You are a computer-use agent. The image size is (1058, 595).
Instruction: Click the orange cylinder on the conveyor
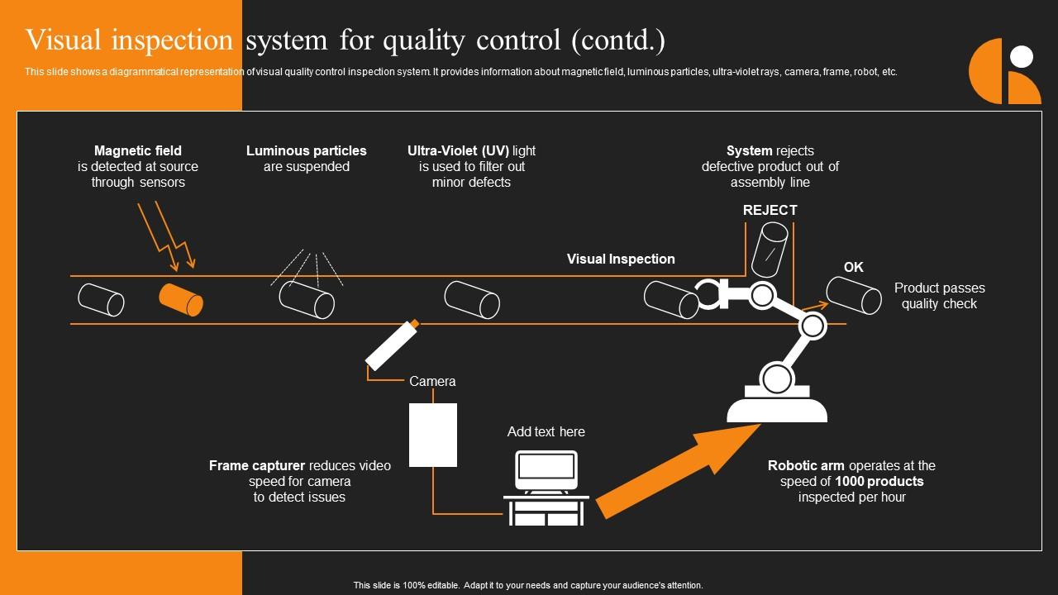click(x=181, y=299)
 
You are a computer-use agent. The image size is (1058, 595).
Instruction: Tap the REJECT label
click(x=770, y=210)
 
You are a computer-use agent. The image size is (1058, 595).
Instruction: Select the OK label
click(x=853, y=267)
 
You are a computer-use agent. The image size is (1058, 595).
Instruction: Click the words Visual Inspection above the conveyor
click(x=621, y=259)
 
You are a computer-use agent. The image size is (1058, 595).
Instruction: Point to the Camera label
click(x=432, y=381)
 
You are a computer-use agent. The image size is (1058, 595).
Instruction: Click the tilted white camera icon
click(x=391, y=345)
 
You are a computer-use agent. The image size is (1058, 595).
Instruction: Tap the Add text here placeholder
click(x=546, y=431)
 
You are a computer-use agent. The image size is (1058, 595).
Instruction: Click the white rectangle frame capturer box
click(x=433, y=435)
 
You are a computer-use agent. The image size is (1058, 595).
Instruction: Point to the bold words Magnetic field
click(x=138, y=150)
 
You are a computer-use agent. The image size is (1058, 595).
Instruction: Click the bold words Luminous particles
click(x=306, y=150)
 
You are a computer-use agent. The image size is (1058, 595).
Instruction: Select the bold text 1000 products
click(x=879, y=481)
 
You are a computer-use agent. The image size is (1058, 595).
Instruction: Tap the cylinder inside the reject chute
click(x=769, y=249)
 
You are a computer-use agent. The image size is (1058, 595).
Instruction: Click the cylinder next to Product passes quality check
click(x=854, y=295)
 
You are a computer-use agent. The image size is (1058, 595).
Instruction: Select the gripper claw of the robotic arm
click(x=712, y=295)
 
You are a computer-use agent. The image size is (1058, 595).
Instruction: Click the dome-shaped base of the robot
click(x=777, y=407)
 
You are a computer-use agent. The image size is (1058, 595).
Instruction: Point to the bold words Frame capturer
click(x=257, y=465)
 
